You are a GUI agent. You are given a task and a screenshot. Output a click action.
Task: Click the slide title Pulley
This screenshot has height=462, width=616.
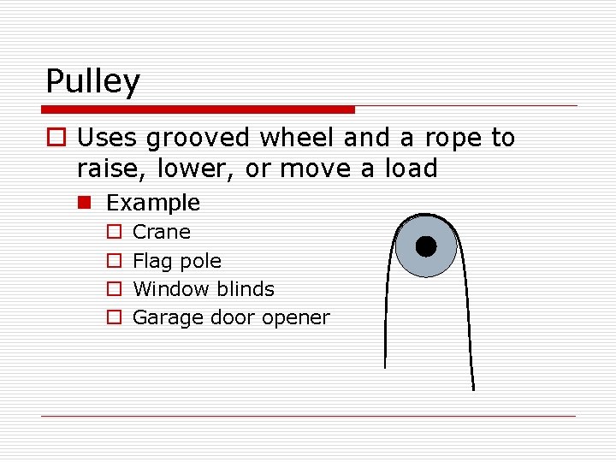point(92,82)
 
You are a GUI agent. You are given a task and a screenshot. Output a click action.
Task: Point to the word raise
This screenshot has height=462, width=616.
point(106,169)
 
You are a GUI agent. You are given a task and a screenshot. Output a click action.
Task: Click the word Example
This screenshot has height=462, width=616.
point(152,203)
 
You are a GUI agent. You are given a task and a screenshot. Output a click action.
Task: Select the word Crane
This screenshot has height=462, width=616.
point(162,232)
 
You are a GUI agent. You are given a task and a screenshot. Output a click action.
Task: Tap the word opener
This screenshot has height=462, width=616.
point(295,318)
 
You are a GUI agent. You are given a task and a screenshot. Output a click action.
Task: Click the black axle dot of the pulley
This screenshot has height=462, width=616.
point(425,246)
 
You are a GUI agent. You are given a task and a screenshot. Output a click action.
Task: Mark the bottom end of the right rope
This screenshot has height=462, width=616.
point(472,388)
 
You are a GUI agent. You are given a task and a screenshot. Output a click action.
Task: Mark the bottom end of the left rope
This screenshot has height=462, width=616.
point(385,366)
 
